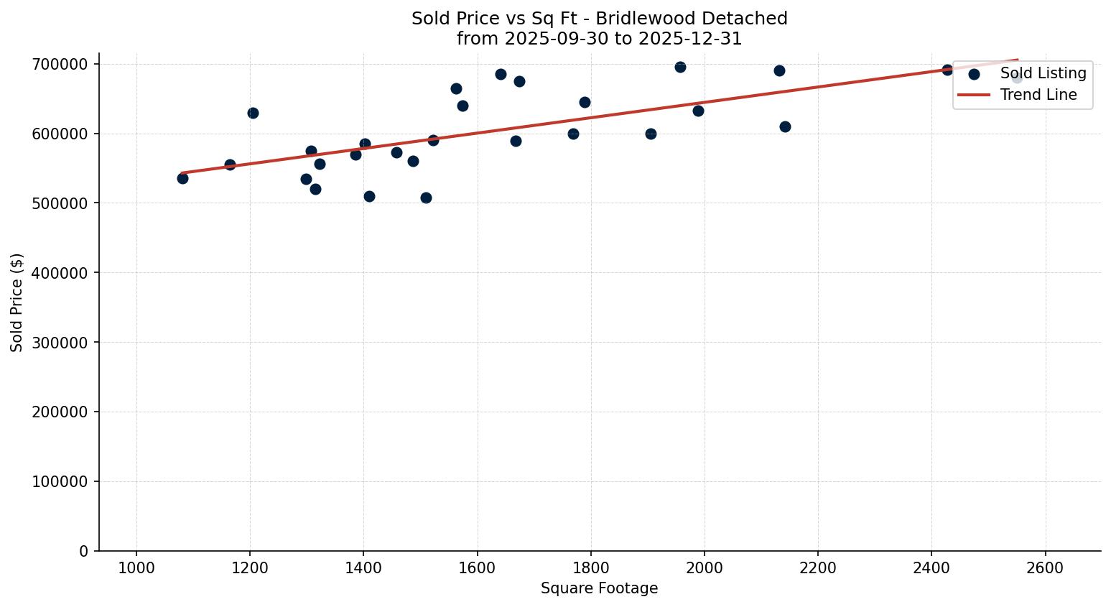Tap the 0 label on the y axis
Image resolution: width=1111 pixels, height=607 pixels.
(x=84, y=552)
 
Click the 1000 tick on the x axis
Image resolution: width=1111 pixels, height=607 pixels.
(x=136, y=567)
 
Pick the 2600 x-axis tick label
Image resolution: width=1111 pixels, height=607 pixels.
(x=1045, y=567)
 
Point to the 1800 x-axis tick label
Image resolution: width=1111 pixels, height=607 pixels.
(x=590, y=567)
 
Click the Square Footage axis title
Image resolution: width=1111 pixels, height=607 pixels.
(x=599, y=589)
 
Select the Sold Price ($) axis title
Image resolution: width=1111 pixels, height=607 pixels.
(x=17, y=302)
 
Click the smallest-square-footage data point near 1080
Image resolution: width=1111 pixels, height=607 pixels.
(x=182, y=178)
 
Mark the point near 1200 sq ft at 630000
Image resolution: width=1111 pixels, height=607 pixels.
(x=253, y=113)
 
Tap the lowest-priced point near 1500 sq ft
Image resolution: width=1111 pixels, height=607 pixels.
(x=426, y=198)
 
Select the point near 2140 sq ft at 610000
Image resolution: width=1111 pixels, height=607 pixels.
(x=785, y=126)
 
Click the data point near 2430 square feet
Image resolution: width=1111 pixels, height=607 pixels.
(x=947, y=70)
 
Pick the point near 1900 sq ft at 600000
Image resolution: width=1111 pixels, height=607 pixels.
(x=651, y=134)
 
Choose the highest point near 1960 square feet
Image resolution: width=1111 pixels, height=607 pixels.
(x=680, y=67)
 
